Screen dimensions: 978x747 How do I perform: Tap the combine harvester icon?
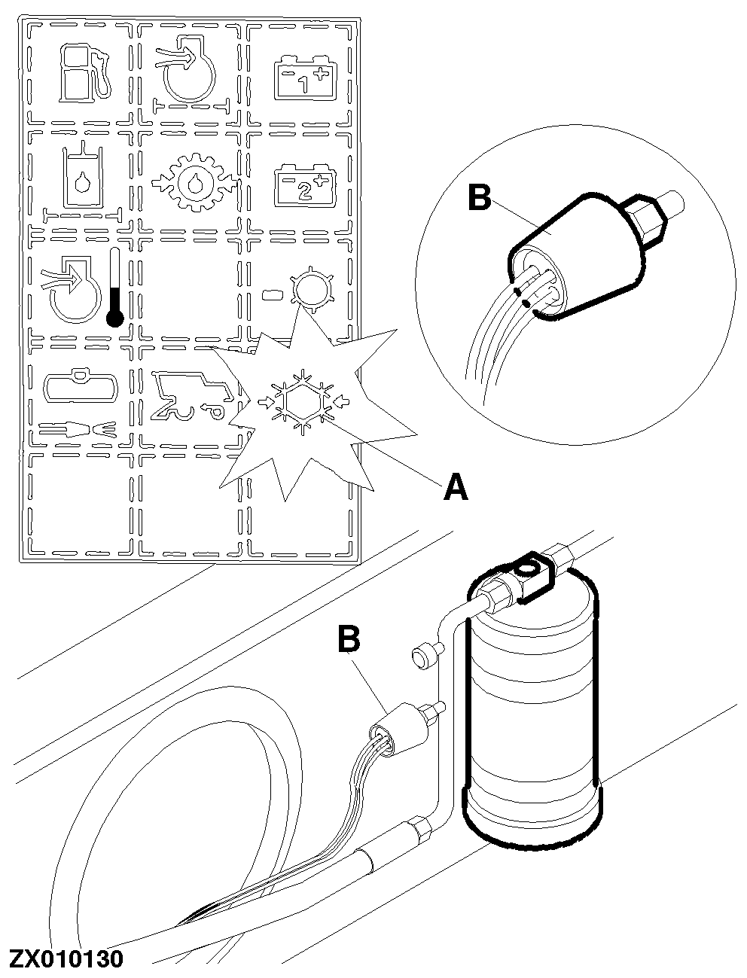click(x=190, y=395)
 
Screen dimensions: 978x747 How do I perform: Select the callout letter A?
click(x=456, y=487)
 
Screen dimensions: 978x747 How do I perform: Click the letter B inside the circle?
click(x=480, y=199)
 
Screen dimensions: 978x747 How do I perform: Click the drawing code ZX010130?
click(x=66, y=959)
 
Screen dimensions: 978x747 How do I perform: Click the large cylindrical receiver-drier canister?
click(x=533, y=708)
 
